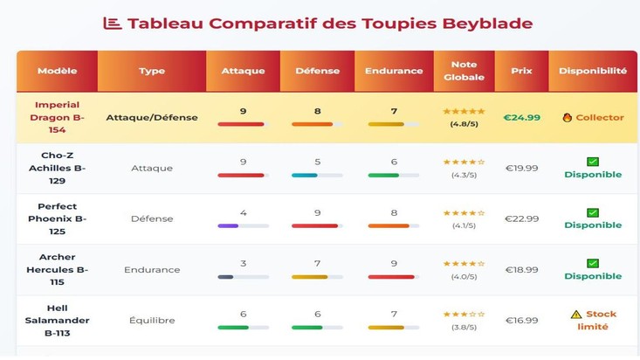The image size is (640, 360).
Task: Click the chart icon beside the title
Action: (113, 24)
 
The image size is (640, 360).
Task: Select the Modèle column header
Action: (57, 71)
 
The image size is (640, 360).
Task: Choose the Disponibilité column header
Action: (593, 71)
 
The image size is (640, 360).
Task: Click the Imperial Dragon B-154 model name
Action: (57, 117)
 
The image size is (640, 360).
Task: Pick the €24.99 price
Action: (522, 117)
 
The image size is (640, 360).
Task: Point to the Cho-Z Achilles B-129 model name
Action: (57, 168)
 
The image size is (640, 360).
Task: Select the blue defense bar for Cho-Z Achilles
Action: (305, 176)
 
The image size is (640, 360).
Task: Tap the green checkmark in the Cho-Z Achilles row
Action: (593, 162)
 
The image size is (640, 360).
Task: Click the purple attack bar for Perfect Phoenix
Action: (228, 226)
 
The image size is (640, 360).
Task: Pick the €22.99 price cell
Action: (522, 218)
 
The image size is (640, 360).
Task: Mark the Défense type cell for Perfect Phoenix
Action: (152, 218)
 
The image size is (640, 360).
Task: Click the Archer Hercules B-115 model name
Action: (57, 269)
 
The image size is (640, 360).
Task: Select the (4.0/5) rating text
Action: (464, 277)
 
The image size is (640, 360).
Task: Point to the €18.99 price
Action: (522, 270)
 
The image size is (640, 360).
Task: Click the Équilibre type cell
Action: (152, 321)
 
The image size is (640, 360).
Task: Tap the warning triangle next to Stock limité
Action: (575, 315)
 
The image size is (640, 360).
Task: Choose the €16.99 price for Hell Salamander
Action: (522, 321)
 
